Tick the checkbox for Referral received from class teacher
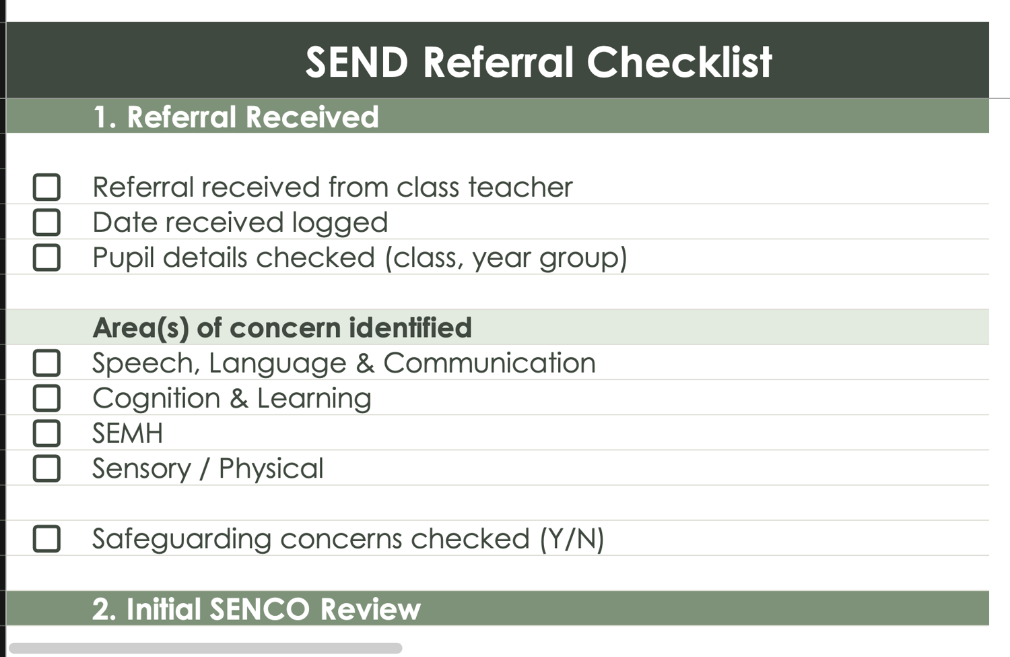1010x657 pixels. click(x=46, y=187)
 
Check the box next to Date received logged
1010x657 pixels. click(x=46, y=222)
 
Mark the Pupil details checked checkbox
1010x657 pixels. click(x=46, y=257)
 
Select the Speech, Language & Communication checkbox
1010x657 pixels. click(x=46, y=363)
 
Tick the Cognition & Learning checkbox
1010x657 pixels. click(x=46, y=398)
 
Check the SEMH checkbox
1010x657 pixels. click(x=46, y=433)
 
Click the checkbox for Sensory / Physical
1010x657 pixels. click(x=46, y=468)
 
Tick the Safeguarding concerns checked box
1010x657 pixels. click(x=46, y=539)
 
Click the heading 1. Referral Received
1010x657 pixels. click(x=236, y=117)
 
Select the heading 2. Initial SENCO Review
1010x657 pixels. click(x=256, y=608)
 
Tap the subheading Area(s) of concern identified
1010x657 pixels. click(x=282, y=327)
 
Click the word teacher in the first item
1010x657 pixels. click(x=520, y=187)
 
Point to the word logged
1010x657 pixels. click(x=340, y=223)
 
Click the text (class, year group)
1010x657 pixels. click(x=506, y=258)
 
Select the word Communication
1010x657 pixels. click(x=490, y=363)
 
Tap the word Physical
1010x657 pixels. click(x=271, y=469)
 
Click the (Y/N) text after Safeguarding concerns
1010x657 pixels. click(x=572, y=539)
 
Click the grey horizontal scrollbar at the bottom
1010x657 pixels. click(x=205, y=648)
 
